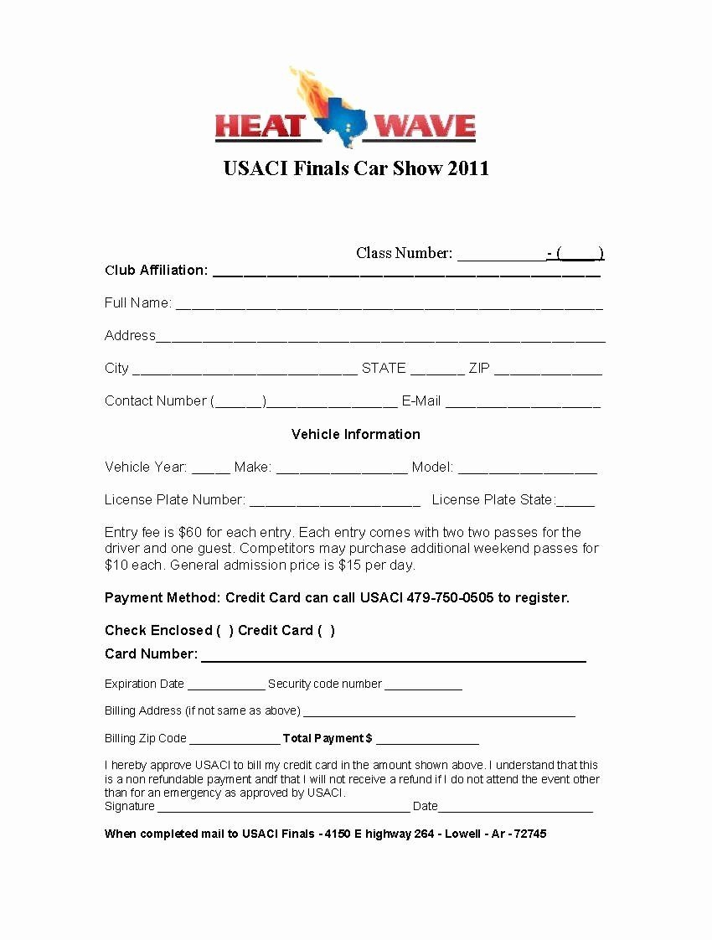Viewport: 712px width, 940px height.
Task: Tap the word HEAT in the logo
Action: tap(259, 127)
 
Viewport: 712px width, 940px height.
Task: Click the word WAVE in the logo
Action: tap(425, 127)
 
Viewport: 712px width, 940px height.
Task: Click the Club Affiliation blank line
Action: tap(406, 272)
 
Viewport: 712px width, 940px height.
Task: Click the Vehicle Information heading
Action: tap(356, 434)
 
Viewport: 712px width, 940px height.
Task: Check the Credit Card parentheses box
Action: tap(326, 630)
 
